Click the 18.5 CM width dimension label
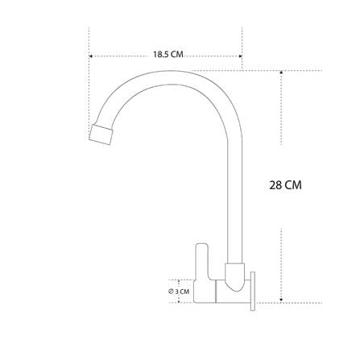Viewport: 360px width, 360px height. click(x=168, y=55)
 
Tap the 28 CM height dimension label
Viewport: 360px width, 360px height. click(x=285, y=185)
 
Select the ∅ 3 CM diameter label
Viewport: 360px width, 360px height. click(x=179, y=292)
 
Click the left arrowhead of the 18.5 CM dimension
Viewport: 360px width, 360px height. click(x=91, y=56)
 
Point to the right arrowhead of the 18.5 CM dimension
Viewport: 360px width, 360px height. click(x=241, y=56)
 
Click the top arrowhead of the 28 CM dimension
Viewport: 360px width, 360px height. click(x=281, y=72)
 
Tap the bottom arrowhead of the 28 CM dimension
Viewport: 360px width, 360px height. click(x=281, y=300)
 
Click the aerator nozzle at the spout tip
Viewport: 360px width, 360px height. click(x=101, y=134)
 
